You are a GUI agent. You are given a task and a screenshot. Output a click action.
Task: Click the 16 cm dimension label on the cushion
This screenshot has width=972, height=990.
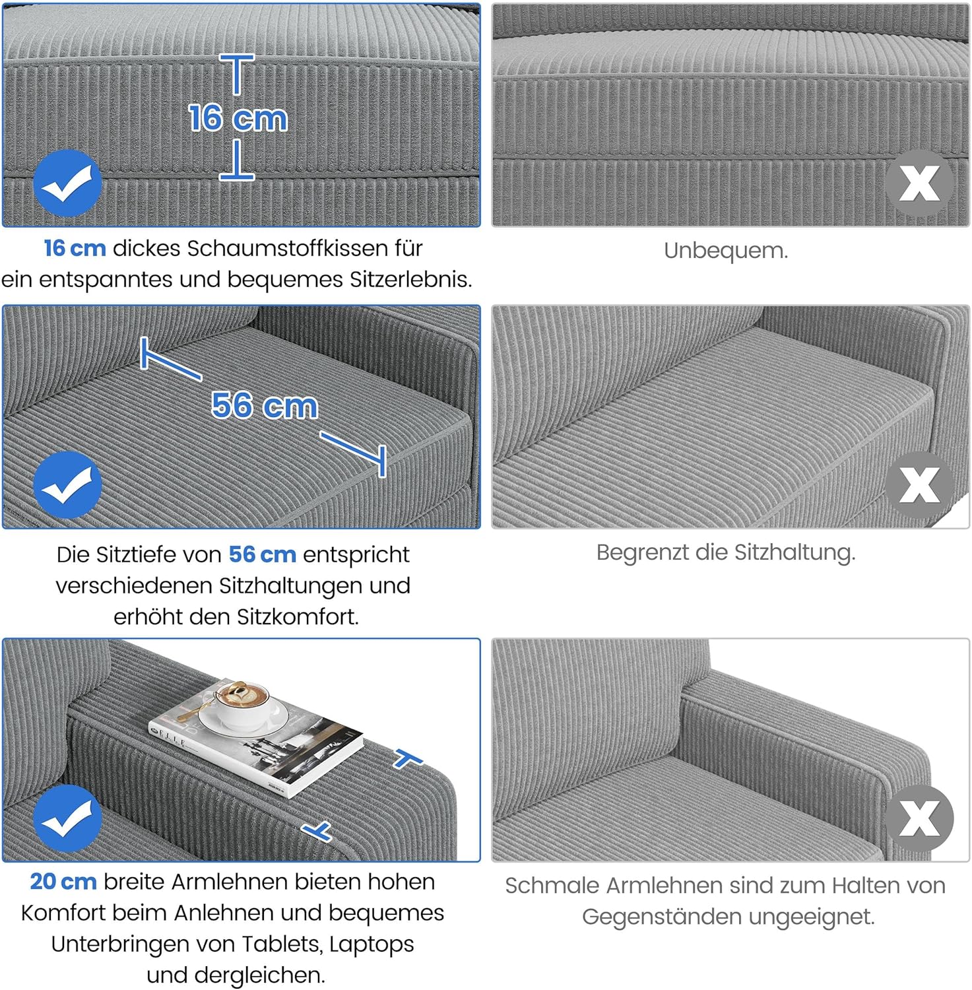point(238,118)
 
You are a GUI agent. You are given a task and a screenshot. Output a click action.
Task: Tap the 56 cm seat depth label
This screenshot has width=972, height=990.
point(265,405)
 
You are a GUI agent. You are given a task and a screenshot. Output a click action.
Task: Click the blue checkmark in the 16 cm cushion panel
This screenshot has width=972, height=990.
point(67,183)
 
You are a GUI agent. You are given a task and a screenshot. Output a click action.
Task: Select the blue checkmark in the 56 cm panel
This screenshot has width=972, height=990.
point(67,485)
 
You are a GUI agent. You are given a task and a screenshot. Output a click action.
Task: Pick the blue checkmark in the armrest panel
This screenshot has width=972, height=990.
point(67,818)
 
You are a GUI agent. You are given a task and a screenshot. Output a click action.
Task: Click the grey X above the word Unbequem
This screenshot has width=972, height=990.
point(919,183)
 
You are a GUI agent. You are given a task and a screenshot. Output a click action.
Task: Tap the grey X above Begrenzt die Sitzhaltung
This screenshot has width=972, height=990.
point(919,485)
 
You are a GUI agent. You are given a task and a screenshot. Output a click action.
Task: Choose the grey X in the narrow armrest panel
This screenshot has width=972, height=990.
point(919,818)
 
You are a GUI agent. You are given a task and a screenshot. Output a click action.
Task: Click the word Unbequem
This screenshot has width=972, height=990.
point(726,251)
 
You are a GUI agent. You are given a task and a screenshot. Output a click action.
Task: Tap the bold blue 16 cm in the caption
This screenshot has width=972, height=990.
point(75,249)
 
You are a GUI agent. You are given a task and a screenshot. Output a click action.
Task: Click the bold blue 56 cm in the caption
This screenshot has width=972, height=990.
point(262,554)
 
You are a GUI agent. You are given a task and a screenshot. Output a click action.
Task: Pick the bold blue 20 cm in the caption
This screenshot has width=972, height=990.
point(63,882)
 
